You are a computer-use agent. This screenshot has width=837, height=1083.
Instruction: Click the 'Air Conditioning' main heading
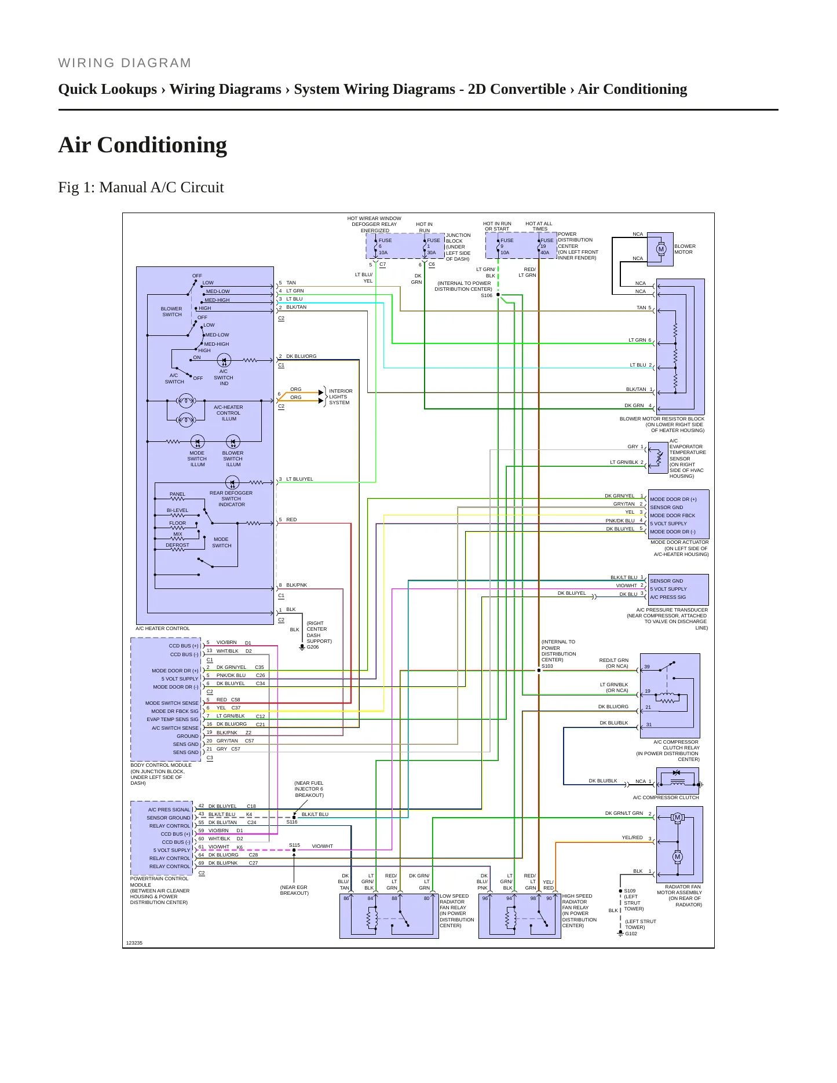pyautogui.click(x=142, y=145)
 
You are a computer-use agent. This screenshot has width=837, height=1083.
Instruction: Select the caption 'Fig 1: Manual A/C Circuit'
pyautogui.click(x=141, y=187)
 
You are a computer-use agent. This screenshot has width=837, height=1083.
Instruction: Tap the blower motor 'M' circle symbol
pyautogui.click(x=661, y=250)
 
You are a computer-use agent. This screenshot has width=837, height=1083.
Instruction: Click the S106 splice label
pyautogui.click(x=487, y=295)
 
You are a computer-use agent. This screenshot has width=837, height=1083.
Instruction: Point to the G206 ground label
pyautogui.click(x=313, y=647)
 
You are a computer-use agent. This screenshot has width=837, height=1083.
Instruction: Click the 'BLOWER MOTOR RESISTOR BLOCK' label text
pyautogui.click(x=662, y=419)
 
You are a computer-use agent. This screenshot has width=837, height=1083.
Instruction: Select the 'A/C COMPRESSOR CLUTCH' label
pyautogui.click(x=666, y=797)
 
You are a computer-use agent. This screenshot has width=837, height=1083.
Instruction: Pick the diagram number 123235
pyautogui.click(x=134, y=943)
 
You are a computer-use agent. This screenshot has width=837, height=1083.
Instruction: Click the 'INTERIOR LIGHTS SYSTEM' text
pyautogui.click(x=341, y=397)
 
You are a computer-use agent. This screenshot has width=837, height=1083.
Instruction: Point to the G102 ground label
pyautogui.click(x=631, y=934)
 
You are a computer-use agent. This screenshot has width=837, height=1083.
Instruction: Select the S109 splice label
pyautogui.click(x=630, y=891)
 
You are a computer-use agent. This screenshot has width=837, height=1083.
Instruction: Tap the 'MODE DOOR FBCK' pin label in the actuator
pyautogui.click(x=672, y=515)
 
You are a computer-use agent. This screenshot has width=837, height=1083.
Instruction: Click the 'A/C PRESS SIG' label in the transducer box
pyautogui.click(x=668, y=597)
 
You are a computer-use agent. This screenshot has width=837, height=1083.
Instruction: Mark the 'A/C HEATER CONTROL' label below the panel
pyautogui.click(x=163, y=628)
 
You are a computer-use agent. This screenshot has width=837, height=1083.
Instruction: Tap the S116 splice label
pyautogui.click(x=292, y=822)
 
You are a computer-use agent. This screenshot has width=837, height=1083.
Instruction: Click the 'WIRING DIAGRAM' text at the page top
pyautogui.click(x=125, y=63)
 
